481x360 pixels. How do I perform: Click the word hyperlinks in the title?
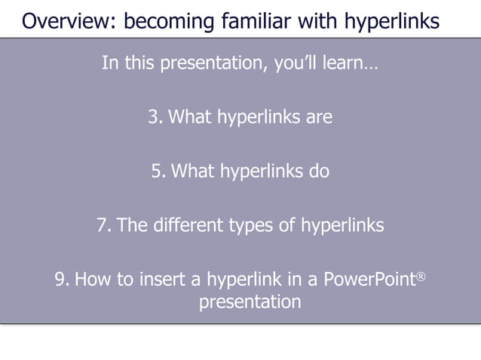coord(392,20)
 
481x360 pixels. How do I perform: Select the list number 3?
coord(155,117)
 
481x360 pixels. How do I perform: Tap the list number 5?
coord(158,171)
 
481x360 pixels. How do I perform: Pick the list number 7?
coord(104,225)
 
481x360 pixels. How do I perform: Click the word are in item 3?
coord(319,117)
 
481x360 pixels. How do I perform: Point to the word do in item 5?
coord(319,171)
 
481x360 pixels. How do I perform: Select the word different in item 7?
coord(182,225)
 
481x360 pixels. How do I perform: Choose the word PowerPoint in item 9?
coord(369,280)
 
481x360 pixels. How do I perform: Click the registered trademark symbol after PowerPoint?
coord(421,276)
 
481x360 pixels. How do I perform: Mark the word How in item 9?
coord(90,280)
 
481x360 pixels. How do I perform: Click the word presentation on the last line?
coord(250,303)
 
